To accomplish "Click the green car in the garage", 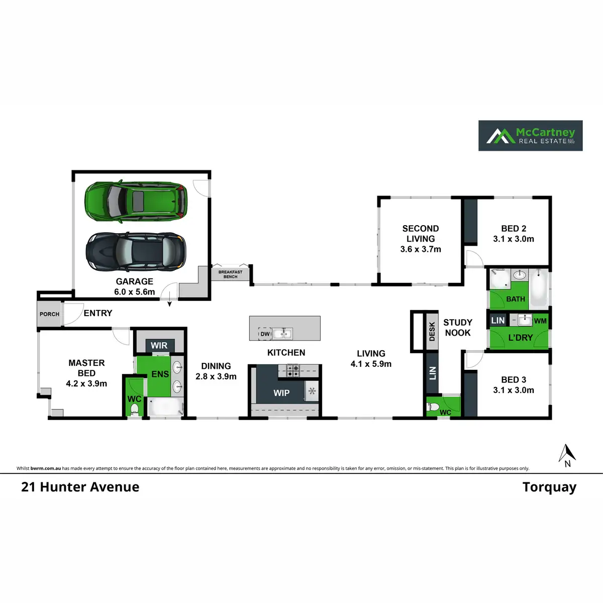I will pos(136,201).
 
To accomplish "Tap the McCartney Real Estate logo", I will pos(530,136).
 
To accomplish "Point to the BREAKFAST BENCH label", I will pos(230,274).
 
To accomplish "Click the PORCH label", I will pos(49,314).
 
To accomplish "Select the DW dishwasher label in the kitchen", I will pos(265,334).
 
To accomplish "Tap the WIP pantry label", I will pos(281,393).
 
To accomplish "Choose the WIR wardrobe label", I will pos(159,346).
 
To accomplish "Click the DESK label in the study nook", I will pos(432,332).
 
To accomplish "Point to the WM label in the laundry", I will pos(540,321).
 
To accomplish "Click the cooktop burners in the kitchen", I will pos(293,371).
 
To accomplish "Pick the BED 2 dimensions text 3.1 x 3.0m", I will pos(514,239).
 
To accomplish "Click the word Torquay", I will pos(549,487).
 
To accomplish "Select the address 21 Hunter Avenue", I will pos(80,487).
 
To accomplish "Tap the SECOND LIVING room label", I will pos(421,234).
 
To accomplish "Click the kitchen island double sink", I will pos(282,333).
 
